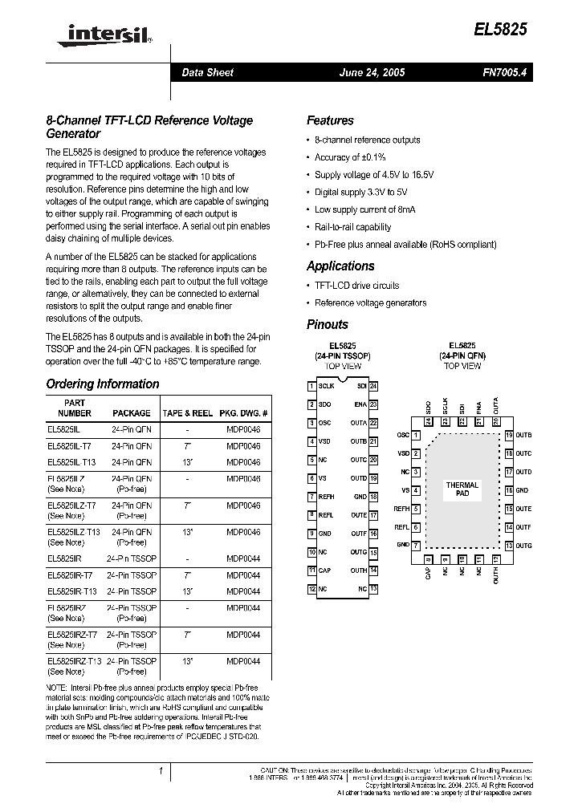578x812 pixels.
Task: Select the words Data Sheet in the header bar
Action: (x=207, y=72)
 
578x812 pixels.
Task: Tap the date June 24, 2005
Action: (x=372, y=72)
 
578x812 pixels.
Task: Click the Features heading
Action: (x=330, y=120)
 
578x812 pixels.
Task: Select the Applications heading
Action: (x=340, y=266)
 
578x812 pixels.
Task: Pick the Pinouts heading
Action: (x=328, y=324)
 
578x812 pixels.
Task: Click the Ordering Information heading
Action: (x=103, y=384)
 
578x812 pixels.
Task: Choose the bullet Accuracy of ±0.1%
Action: (x=350, y=157)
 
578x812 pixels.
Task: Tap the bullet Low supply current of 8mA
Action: (x=364, y=209)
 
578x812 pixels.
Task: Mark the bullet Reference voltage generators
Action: (x=370, y=302)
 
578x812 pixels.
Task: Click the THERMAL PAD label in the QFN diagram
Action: (x=462, y=489)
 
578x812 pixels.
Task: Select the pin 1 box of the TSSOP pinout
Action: (x=311, y=386)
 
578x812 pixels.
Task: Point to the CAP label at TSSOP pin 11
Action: (x=324, y=570)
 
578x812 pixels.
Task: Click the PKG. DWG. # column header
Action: (x=243, y=413)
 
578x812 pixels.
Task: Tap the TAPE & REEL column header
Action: (x=187, y=413)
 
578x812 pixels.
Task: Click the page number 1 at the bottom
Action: (x=161, y=771)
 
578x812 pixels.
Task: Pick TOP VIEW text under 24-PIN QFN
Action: (x=462, y=366)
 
